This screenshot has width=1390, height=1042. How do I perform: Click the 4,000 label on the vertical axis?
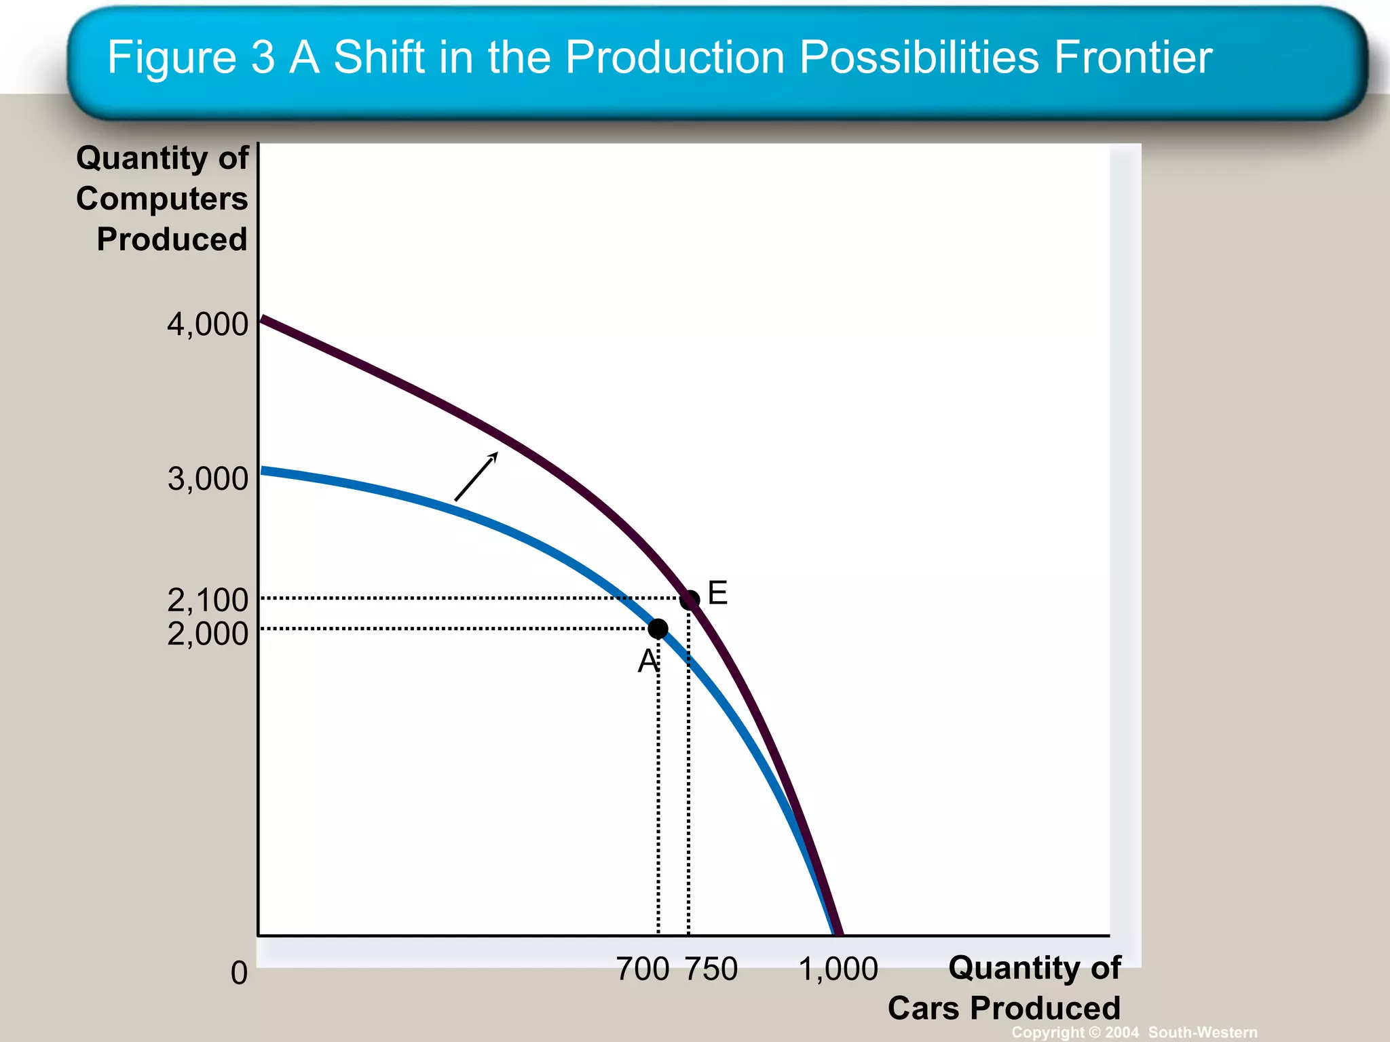pos(208,324)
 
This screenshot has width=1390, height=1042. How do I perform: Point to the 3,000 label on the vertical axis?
pos(208,479)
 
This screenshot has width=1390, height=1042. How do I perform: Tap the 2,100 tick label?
pos(208,600)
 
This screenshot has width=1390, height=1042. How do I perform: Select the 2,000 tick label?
pos(208,634)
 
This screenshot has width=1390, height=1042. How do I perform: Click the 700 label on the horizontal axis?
pos(642,969)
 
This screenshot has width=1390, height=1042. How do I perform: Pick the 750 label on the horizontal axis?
pos(711,969)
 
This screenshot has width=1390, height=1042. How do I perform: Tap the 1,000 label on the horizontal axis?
pos(838,969)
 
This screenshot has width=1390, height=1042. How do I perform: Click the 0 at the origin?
pos(239,973)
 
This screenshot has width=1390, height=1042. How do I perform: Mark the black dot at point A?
pos(658,629)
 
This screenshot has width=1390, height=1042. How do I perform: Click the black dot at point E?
pos(690,600)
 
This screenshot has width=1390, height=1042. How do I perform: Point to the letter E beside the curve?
pos(717,593)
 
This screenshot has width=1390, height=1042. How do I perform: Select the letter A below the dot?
pos(647,661)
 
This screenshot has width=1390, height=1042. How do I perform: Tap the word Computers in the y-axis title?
pos(162,199)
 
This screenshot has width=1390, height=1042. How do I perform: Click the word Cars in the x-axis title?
pos(924,1008)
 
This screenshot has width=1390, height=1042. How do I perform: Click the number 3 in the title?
pos(263,57)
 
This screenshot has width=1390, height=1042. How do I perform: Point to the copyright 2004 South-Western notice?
pos(1134,1032)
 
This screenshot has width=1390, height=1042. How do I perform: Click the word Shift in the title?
pos(379,57)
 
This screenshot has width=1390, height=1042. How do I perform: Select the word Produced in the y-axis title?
pos(172,239)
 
